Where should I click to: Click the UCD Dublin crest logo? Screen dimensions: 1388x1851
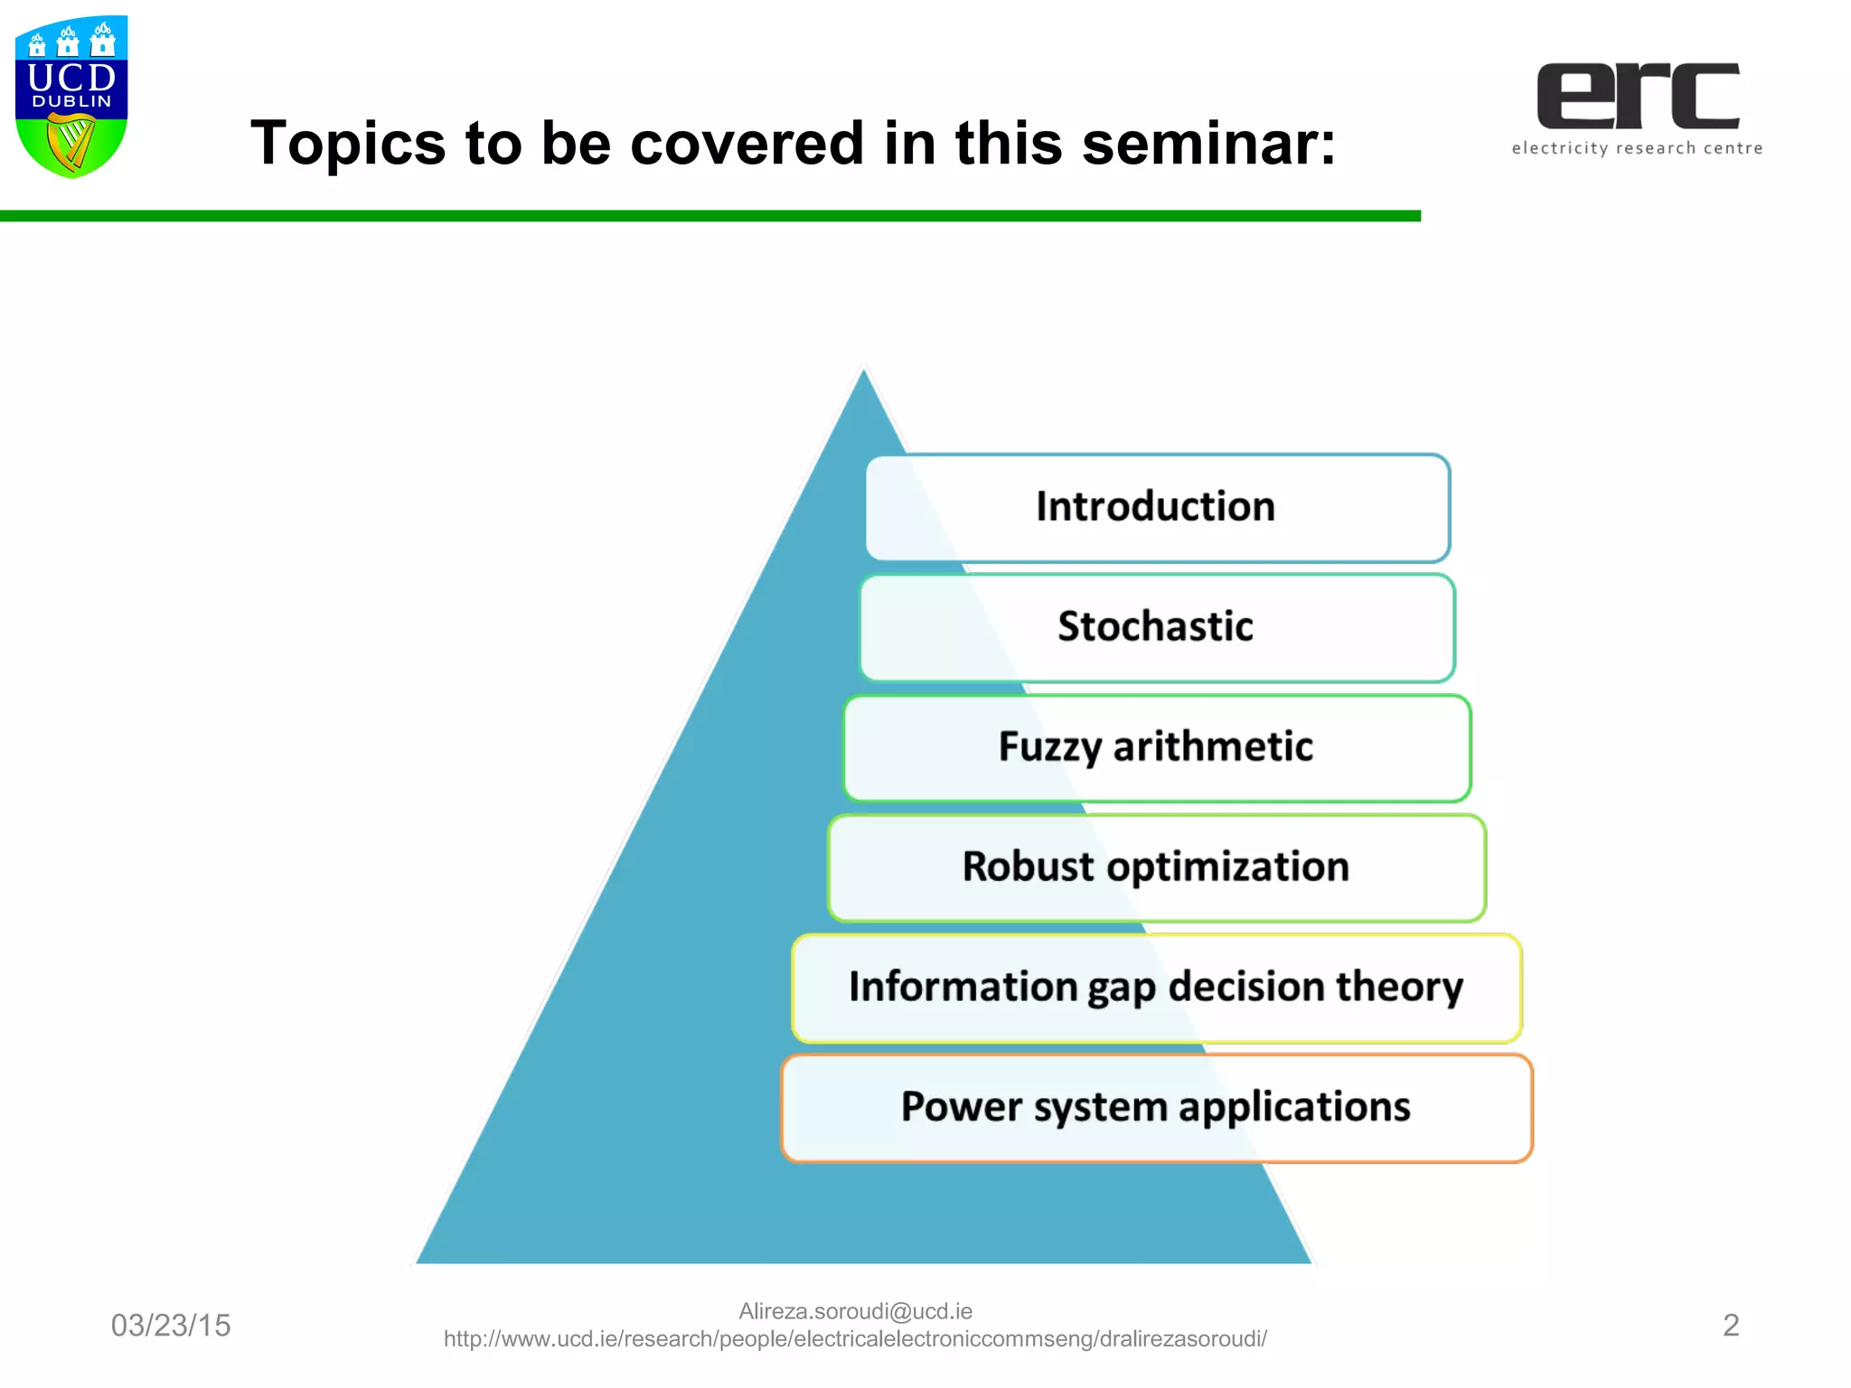coord(71,96)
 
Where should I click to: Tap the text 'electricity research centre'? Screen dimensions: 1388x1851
coord(1637,148)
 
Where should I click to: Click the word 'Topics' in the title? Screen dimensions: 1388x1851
coord(348,143)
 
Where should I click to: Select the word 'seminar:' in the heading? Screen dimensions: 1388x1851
coord(1208,143)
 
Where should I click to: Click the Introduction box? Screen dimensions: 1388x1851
coord(1156,507)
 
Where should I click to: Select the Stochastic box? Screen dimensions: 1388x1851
coord(1156,626)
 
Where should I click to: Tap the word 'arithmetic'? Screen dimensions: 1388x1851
coord(1213,746)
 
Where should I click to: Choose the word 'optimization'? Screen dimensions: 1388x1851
coord(1227,867)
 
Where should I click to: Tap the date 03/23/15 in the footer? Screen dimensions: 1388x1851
coord(171,1326)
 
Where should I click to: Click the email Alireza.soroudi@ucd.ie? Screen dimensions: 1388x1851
coord(855,1311)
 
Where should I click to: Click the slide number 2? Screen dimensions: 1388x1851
coord(1730,1326)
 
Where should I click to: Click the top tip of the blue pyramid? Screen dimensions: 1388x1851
coord(864,372)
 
